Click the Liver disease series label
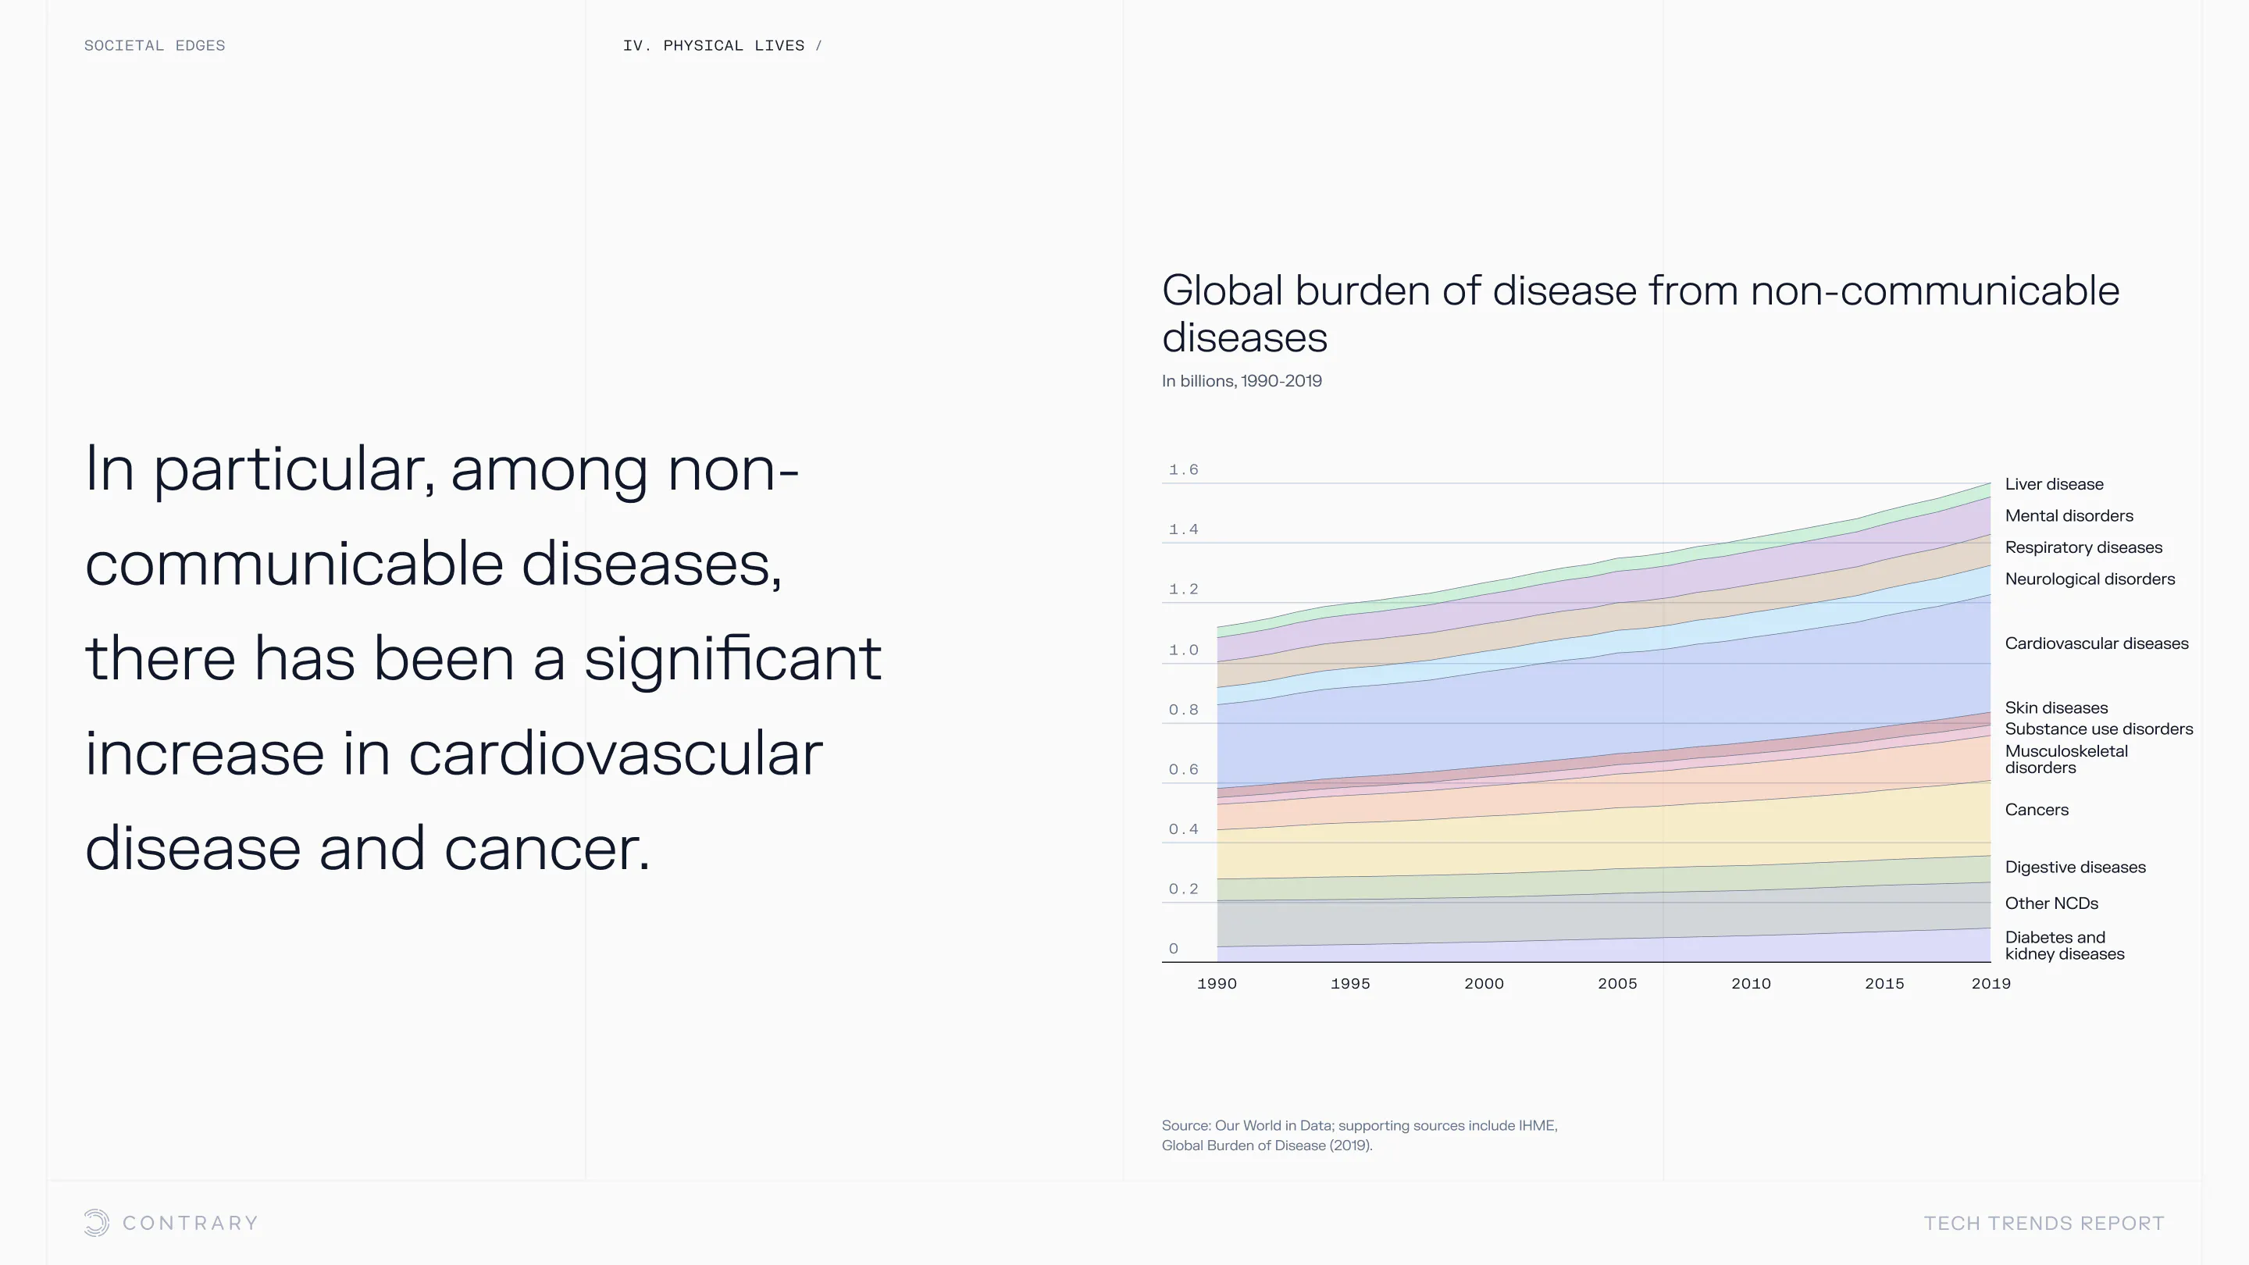tap(2054, 484)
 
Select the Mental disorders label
tap(2069, 516)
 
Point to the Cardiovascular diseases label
tap(2096, 643)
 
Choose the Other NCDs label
tap(2051, 903)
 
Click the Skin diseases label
tap(2056, 708)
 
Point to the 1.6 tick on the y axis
tap(1183, 469)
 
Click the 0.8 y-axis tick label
tap(1183, 710)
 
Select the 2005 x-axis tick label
tap(1617, 984)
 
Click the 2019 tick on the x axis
tap(1991, 984)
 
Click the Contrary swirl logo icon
tap(96, 1223)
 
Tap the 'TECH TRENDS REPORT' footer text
tap(2044, 1224)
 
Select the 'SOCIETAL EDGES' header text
tap(155, 45)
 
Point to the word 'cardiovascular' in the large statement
tap(615, 754)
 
